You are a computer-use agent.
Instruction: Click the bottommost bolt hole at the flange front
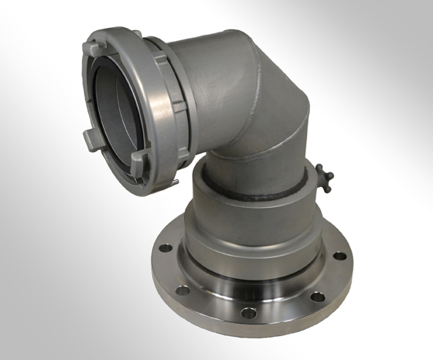246,313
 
